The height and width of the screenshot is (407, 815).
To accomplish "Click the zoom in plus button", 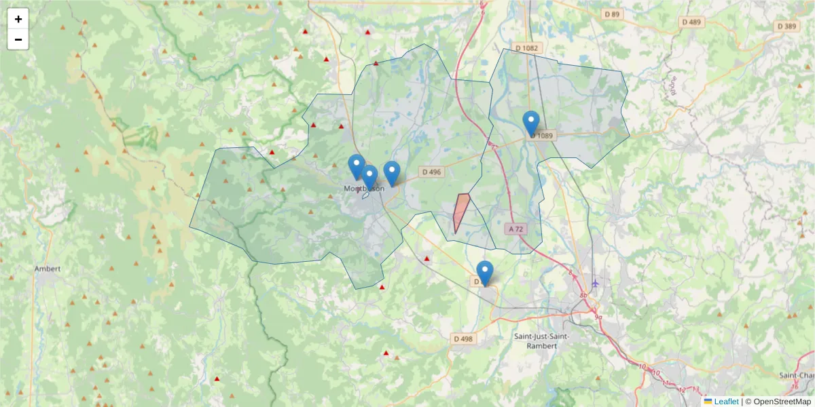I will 18,19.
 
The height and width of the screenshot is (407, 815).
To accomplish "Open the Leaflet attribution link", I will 725,402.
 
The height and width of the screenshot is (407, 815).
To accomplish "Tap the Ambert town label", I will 48,269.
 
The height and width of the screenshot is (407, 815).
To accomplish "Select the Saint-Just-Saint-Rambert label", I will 541,341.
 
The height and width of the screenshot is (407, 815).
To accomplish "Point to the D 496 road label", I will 430,172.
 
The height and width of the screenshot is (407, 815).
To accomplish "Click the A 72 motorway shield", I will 516,229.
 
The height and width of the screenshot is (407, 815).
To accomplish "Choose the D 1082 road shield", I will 526,47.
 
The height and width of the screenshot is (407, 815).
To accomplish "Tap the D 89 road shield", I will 613,14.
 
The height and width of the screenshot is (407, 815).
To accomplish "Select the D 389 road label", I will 786,26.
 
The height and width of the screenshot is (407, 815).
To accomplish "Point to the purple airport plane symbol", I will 596,283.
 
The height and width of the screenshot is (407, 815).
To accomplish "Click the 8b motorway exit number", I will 583,296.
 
